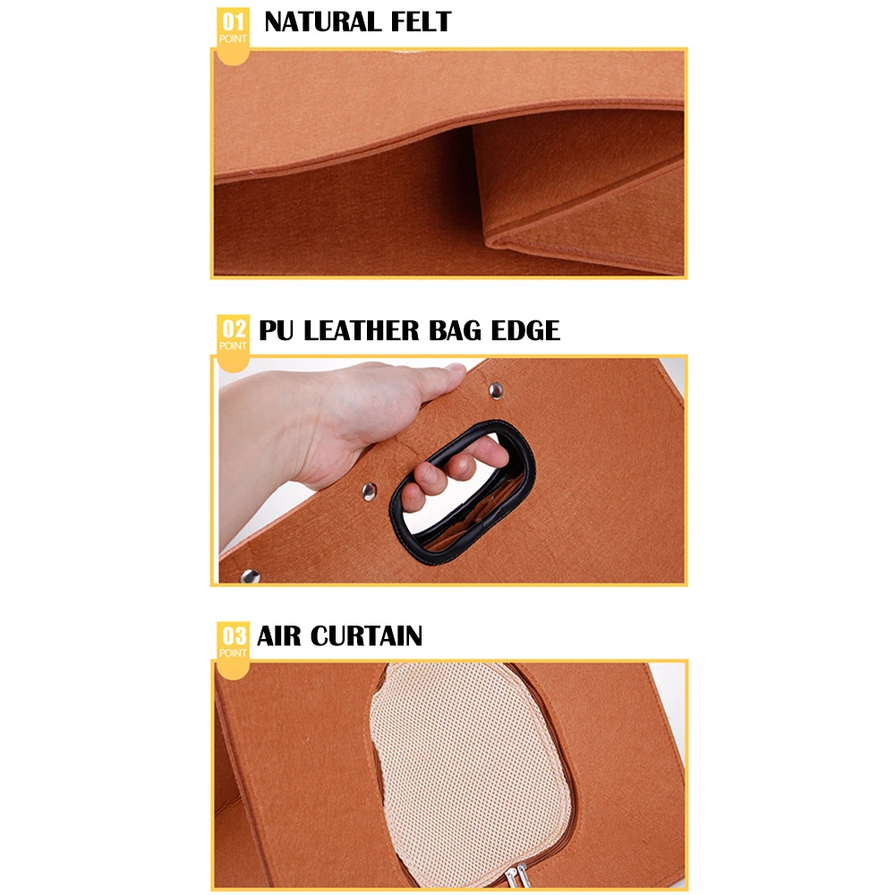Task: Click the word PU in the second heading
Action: tap(277, 330)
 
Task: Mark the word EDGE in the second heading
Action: tap(525, 330)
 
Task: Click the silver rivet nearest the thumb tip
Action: tap(495, 388)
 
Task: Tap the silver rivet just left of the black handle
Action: tap(368, 490)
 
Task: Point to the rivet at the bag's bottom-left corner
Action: tap(250, 575)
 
